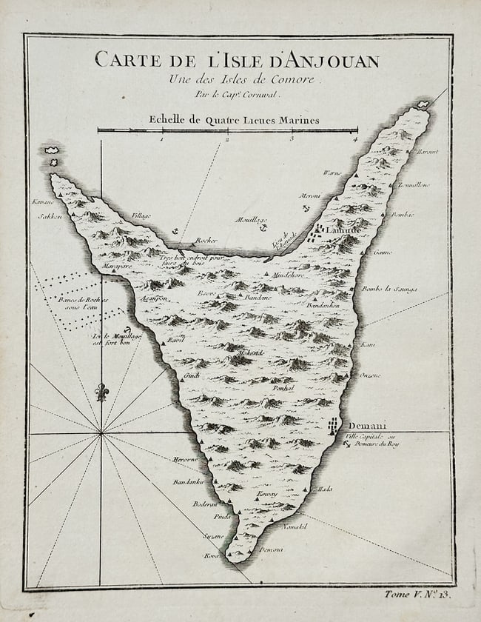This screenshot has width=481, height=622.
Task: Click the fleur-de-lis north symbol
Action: [101, 390]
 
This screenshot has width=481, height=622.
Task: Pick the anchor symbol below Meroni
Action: [306, 209]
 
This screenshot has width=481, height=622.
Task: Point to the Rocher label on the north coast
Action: [206, 240]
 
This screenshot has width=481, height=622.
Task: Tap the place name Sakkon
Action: [50, 217]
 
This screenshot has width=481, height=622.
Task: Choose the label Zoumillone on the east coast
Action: [413, 184]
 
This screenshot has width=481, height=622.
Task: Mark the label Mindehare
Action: [289, 275]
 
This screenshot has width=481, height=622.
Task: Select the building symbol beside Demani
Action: [334, 426]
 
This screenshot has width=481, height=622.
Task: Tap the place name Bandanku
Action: [188, 482]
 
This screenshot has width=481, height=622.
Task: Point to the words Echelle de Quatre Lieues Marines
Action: [234, 119]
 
